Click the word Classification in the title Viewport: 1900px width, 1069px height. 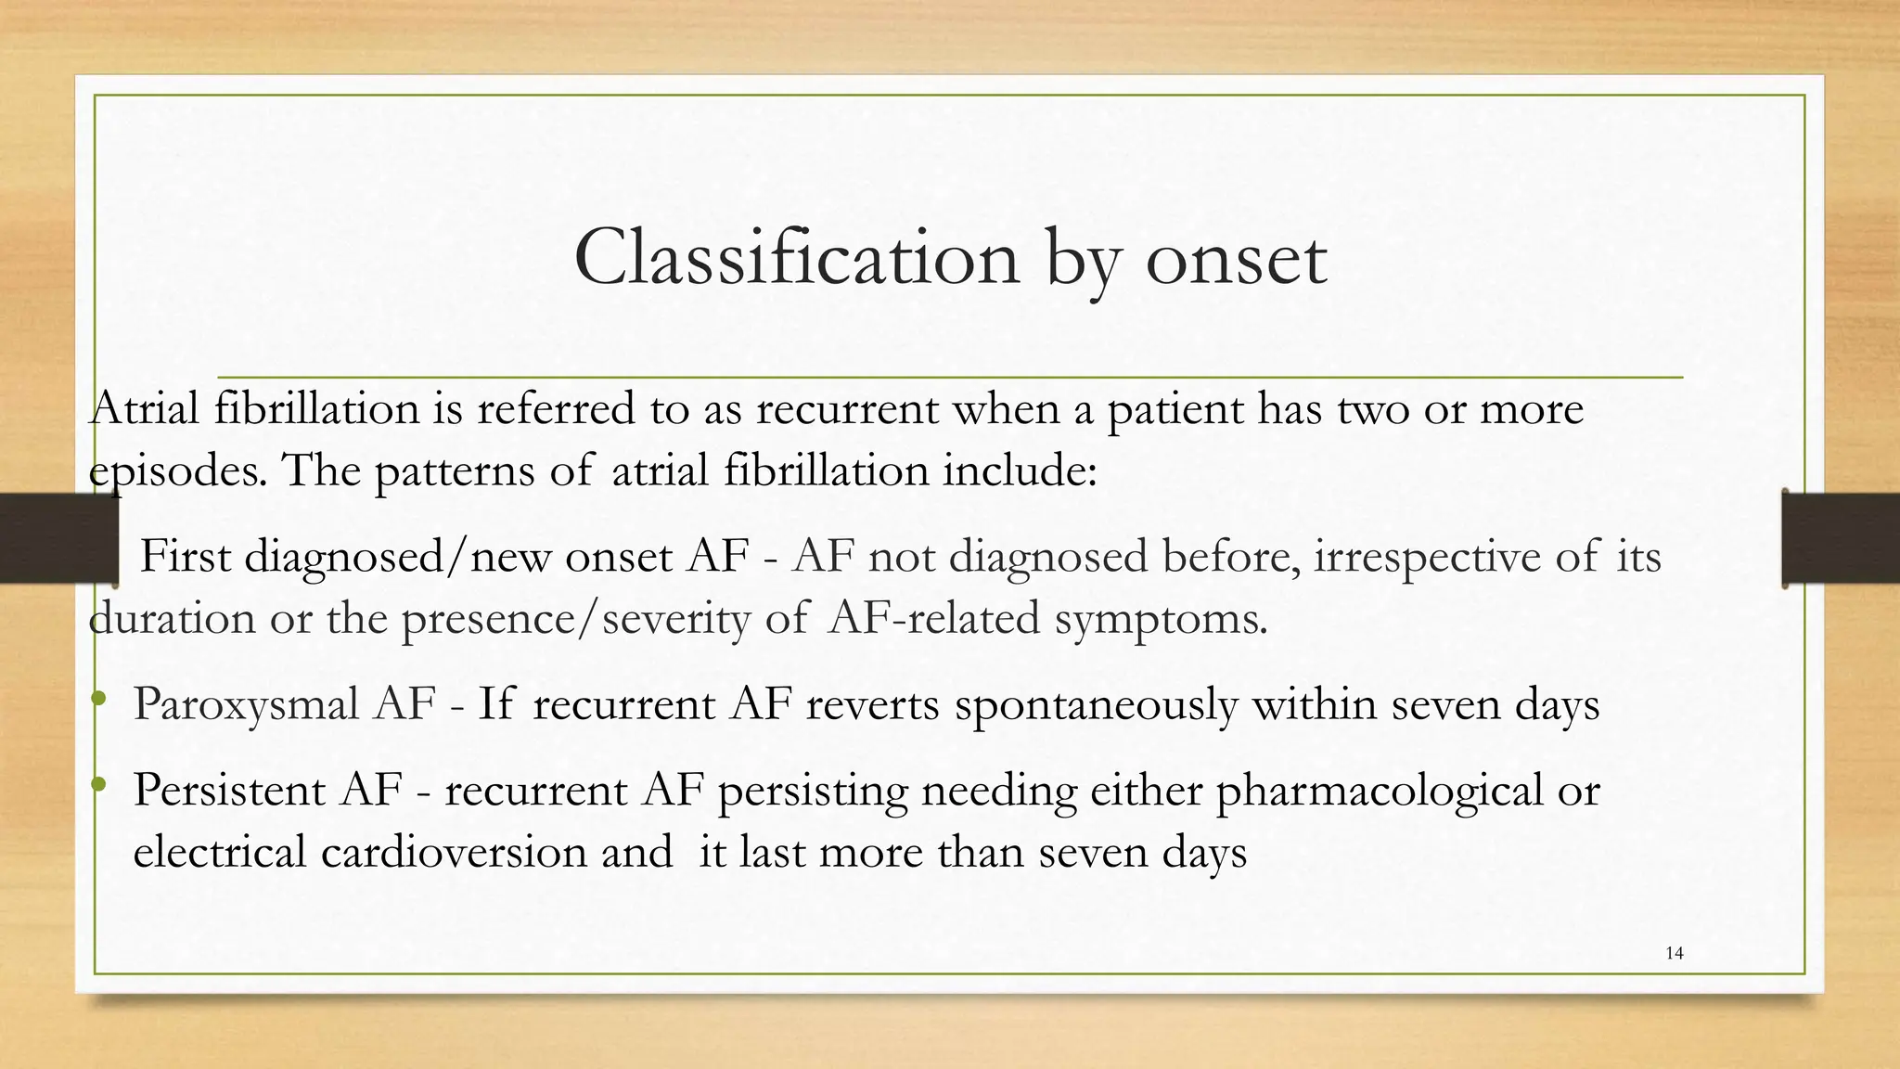tap(796, 258)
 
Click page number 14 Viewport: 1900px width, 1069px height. tap(1675, 953)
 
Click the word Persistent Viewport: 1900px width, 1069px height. tap(229, 791)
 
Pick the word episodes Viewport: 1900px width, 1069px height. tap(173, 470)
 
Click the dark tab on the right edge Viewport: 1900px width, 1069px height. tap(1841, 538)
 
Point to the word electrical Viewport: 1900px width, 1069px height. tap(219, 852)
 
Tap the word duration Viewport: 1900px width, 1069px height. tap(172, 618)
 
